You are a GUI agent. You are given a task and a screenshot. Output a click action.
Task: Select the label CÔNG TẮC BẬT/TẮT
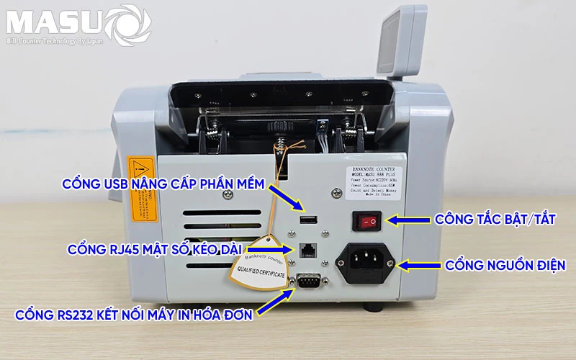click(x=495, y=220)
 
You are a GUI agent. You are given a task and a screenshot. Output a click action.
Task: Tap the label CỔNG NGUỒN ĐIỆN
click(x=505, y=266)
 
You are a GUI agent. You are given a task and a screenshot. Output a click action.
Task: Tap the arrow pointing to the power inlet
click(x=418, y=266)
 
